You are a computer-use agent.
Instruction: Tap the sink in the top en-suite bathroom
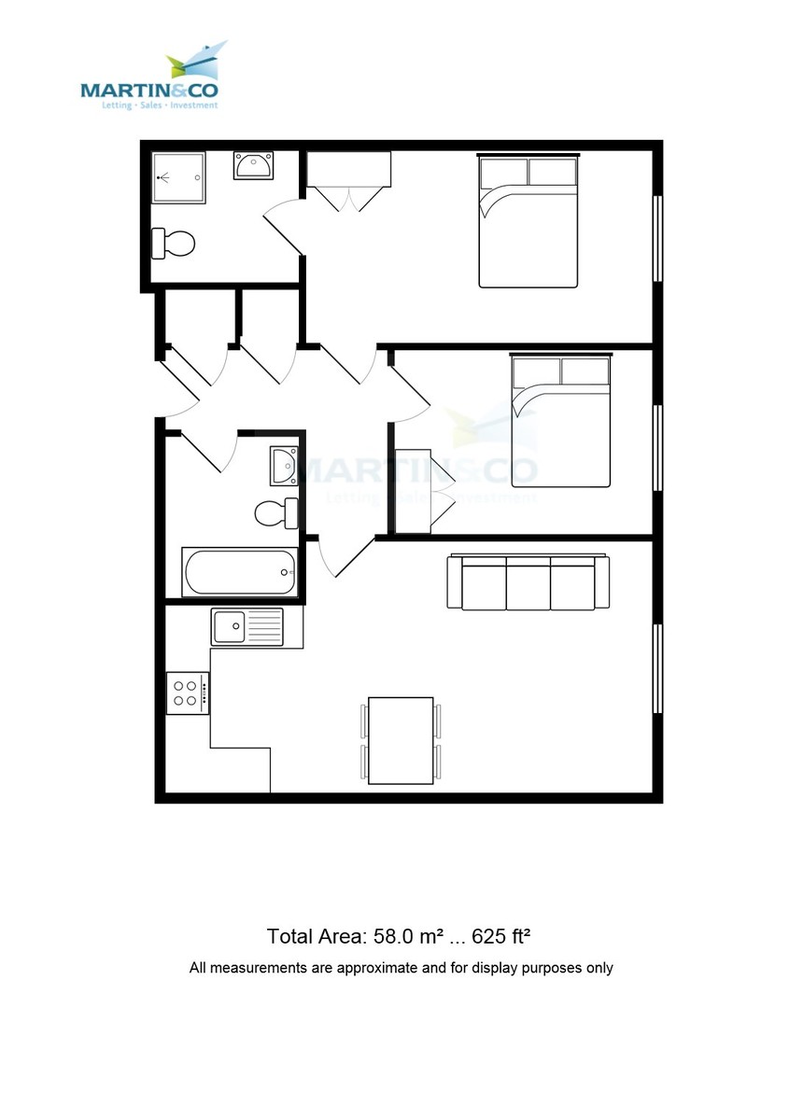click(x=252, y=165)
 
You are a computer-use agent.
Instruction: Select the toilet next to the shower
click(x=174, y=244)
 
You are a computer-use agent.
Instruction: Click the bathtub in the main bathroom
click(x=240, y=572)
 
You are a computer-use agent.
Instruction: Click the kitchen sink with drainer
click(x=247, y=625)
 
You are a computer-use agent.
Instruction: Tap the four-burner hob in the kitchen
click(x=187, y=693)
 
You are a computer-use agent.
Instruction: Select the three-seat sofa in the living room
click(x=528, y=582)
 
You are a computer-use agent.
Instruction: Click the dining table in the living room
click(x=401, y=740)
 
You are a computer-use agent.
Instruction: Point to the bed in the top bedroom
click(x=528, y=221)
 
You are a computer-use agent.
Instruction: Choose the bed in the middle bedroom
click(x=560, y=419)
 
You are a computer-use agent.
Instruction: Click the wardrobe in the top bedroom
click(x=347, y=169)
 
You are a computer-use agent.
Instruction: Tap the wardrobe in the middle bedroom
click(x=413, y=491)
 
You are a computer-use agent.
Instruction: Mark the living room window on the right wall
click(x=657, y=667)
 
